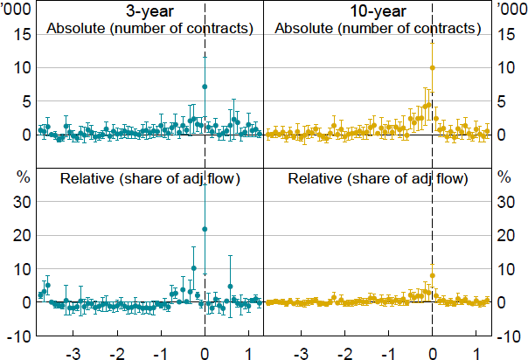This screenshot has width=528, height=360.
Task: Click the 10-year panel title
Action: pos(377,12)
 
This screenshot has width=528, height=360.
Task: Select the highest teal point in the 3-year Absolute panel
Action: pos(205,87)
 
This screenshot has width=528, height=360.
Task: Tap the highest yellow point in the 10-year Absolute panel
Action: pos(432,67)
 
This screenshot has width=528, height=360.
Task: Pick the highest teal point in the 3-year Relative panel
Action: pos(205,229)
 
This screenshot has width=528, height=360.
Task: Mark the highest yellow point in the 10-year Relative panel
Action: pos(432,275)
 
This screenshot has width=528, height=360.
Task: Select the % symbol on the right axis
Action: pos(504,176)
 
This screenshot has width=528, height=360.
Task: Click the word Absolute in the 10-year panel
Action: pos(302,29)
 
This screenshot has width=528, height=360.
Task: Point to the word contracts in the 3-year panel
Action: pos(219,29)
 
